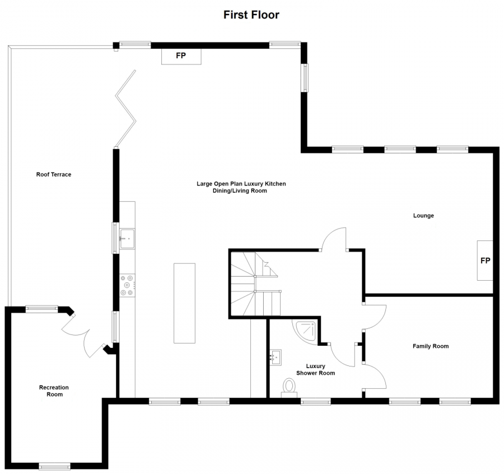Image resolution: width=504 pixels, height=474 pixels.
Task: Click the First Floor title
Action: pyautogui.click(x=251, y=15)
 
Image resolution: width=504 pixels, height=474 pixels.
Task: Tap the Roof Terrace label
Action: pyautogui.click(x=54, y=175)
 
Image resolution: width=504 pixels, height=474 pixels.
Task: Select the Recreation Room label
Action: pyautogui.click(x=54, y=391)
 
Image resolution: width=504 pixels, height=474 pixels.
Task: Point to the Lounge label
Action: pyautogui.click(x=423, y=216)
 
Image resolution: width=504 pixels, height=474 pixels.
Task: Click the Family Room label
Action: pyautogui.click(x=431, y=346)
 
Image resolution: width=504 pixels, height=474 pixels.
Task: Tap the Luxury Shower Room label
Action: pyautogui.click(x=315, y=369)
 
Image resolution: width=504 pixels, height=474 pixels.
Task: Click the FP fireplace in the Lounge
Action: pyautogui.click(x=485, y=261)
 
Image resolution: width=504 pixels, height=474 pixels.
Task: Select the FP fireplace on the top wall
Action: pyautogui.click(x=181, y=56)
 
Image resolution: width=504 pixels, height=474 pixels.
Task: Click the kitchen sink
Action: pyautogui.click(x=127, y=239)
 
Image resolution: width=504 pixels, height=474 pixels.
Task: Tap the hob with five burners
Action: pyautogui.click(x=127, y=285)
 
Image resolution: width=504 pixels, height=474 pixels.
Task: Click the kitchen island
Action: pyautogui.click(x=184, y=303)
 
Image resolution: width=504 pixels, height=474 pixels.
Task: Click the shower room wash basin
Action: pyautogui.click(x=276, y=357)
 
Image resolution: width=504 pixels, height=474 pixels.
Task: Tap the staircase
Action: pyautogui.click(x=255, y=284)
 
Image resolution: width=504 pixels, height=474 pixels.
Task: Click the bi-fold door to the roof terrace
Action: pyautogui.click(x=126, y=109)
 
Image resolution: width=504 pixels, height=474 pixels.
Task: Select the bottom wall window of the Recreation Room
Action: pyautogui.click(x=55, y=466)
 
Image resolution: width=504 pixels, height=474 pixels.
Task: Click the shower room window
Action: pyautogui.click(x=316, y=401)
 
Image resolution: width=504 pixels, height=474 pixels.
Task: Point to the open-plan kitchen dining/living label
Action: pyautogui.click(x=241, y=187)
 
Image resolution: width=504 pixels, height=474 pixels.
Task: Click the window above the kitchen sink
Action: pyautogui.click(x=115, y=238)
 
